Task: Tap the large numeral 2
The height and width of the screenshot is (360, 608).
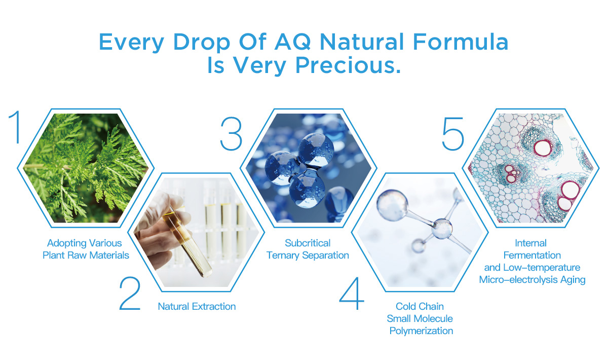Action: pos(130,294)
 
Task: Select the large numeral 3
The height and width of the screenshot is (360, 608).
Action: pos(231,133)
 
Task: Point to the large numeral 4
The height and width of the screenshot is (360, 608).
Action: pos(352,294)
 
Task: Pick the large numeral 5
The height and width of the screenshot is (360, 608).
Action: pos(453,134)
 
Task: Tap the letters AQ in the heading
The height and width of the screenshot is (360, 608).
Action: pos(293,42)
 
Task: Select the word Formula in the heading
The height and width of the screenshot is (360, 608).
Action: pos(461,42)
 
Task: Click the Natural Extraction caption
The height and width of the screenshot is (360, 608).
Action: pos(197,306)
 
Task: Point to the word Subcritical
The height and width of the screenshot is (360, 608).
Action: pos(308,243)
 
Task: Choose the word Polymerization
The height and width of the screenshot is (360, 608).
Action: pos(421,331)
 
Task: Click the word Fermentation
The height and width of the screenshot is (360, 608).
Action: pos(532,255)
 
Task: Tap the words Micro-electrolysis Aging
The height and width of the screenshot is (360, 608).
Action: pos(532,279)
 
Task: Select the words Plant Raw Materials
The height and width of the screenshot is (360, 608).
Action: pos(86,255)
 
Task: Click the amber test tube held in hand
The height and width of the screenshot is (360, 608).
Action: pos(187,241)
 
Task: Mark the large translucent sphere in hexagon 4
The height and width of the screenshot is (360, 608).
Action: pos(392,205)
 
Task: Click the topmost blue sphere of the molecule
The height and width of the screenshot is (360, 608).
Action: pos(316,150)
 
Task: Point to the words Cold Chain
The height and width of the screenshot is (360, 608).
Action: pos(420,306)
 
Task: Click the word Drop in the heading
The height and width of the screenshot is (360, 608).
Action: pos(202,43)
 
